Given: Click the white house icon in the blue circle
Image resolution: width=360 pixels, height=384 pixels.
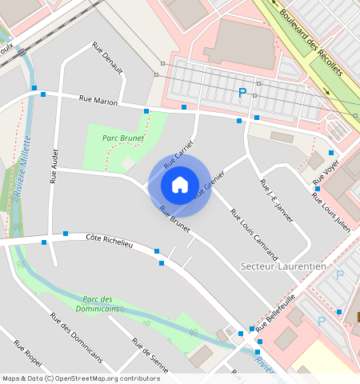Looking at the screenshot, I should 180,185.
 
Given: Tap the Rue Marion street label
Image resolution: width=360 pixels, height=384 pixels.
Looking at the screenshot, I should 98,101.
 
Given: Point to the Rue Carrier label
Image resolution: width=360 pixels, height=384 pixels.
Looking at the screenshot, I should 179,152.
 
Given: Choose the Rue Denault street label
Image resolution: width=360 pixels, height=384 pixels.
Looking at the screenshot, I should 107,58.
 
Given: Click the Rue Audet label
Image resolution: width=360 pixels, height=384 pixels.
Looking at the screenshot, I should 54,166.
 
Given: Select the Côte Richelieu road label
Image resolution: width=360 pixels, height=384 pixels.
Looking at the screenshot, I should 109,239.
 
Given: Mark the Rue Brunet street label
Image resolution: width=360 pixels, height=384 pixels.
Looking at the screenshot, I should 174,220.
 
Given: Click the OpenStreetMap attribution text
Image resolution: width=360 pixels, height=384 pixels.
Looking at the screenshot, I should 81,378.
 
